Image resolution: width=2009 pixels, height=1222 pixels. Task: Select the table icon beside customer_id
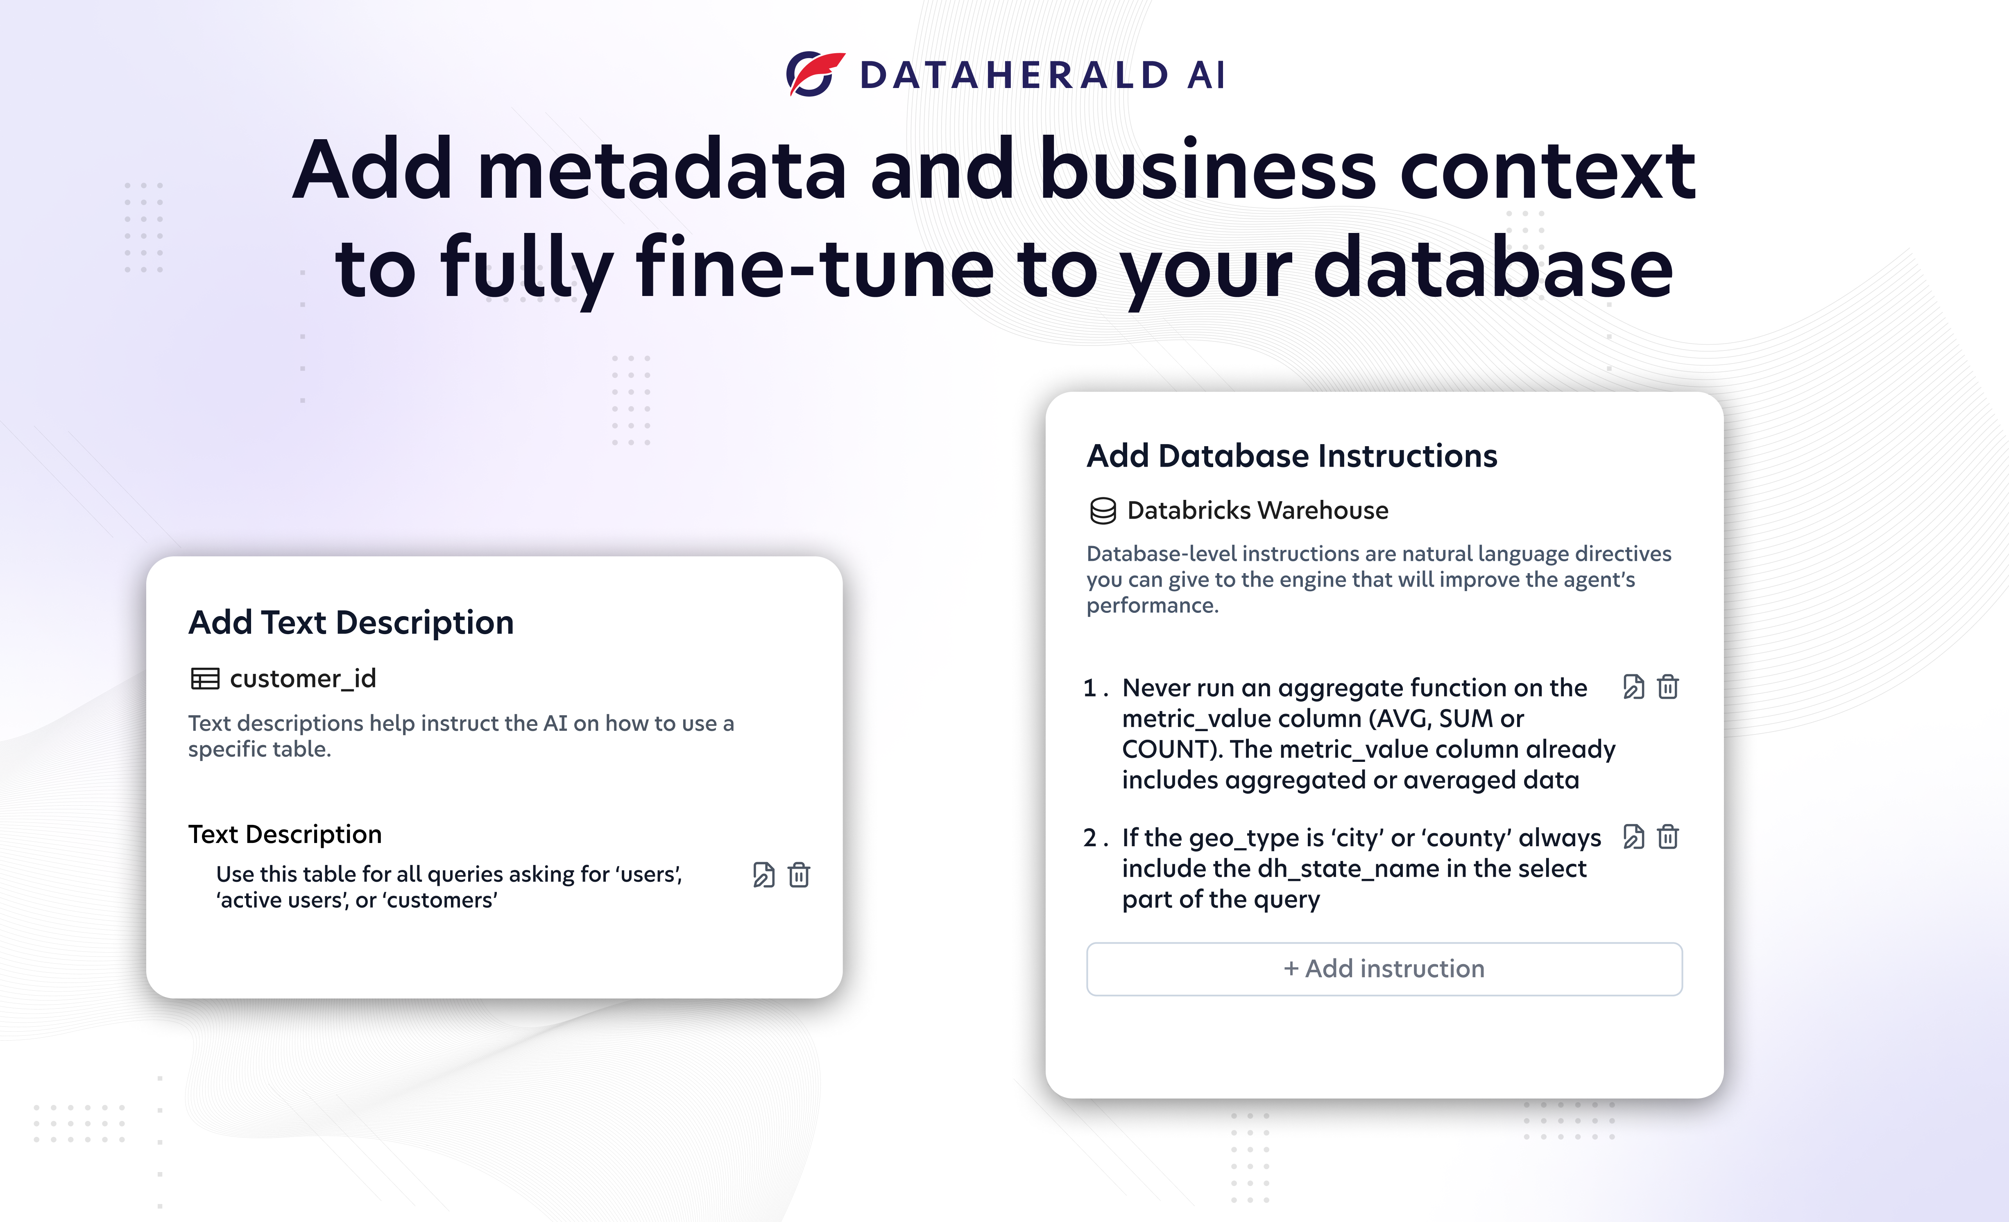click(205, 678)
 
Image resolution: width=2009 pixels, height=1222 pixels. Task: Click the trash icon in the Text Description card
click(799, 875)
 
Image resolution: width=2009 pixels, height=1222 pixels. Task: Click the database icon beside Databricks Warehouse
click(1103, 511)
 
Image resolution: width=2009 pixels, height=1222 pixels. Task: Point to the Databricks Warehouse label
click(1257, 510)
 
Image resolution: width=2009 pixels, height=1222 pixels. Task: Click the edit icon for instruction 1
click(1633, 687)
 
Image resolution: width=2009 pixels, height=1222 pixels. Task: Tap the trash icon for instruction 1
click(1668, 687)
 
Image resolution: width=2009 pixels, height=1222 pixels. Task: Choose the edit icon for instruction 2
click(1633, 837)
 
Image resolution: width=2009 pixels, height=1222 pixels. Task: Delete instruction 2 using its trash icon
click(1668, 837)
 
